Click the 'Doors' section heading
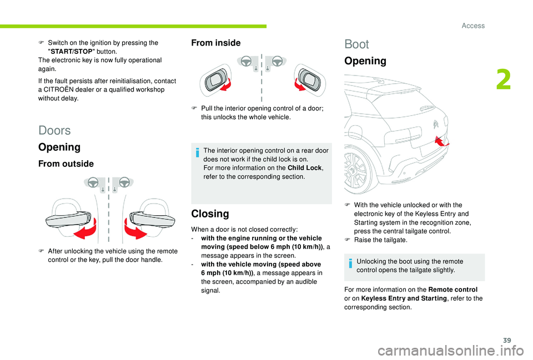[55, 130]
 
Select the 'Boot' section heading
[356, 44]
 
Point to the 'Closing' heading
[210, 214]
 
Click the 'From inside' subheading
[216, 43]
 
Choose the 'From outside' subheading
[66, 164]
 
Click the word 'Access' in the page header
[473, 26]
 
